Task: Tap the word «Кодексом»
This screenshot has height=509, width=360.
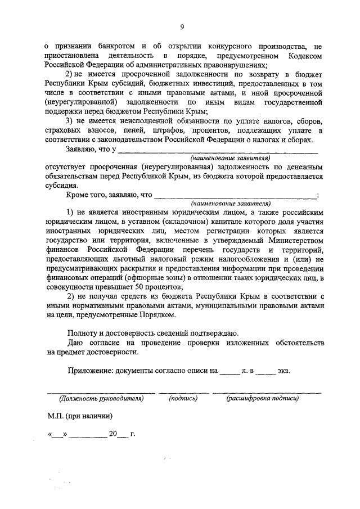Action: tap(302, 56)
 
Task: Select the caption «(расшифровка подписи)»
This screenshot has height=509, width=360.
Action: tap(263, 398)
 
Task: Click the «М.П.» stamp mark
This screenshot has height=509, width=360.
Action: tap(56, 417)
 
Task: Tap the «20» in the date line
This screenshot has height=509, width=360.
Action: tap(114, 435)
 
